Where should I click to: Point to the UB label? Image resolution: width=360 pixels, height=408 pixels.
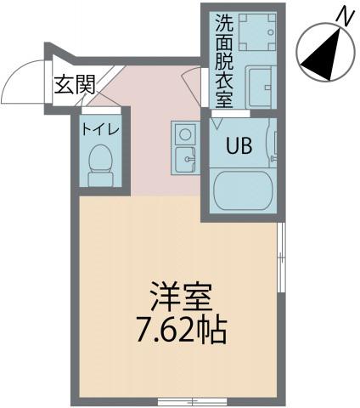(x=238, y=144)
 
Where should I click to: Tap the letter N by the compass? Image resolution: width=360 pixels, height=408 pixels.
(x=343, y=14)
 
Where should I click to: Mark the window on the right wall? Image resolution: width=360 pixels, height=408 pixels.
(x=281, y=259)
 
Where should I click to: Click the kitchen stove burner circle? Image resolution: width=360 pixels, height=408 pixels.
(x=184, y=134)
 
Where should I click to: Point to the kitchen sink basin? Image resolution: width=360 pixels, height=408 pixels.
(x=184, y=157)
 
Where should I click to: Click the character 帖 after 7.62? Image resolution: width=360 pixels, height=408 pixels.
(x=213, y=330)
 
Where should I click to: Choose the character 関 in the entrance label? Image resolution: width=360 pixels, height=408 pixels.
(x=85, y=84)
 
